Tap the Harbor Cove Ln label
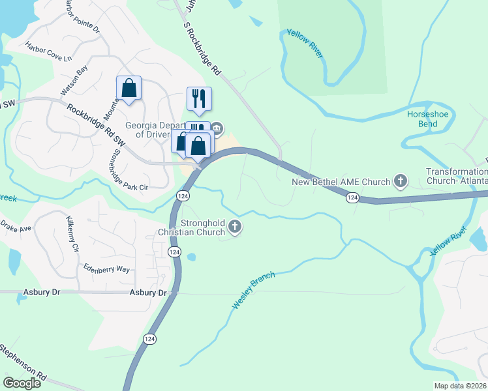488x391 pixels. coord(48,51)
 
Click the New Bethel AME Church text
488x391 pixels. coord(341,181)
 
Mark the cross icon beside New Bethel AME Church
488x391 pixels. coord(400,181)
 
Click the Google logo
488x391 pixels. coord(22,383)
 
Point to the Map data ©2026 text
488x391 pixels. coord(460,386)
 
